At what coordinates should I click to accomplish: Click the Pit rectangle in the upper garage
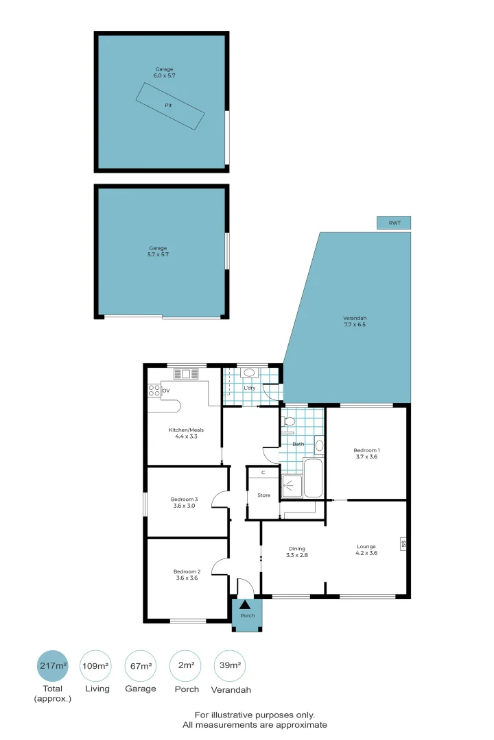pos(170,106)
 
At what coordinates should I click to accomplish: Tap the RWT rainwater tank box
pos(394,223)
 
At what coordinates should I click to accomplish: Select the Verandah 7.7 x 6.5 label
pos(355,321)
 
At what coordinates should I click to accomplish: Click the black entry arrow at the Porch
pos(245,604)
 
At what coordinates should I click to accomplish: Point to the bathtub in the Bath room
pos(313,478)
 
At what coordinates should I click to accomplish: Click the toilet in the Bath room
pos(288,422)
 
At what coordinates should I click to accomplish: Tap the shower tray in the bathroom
pos(292,486)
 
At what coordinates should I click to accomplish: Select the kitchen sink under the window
pos(186,374)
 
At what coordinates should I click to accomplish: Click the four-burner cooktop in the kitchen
pos(154,391)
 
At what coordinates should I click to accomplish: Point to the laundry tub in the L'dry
pos(249,373)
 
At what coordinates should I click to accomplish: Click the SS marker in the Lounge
pos(403,543)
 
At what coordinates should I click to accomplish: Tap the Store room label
pos(263,495)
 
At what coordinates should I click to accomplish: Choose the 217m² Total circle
pos(53,665)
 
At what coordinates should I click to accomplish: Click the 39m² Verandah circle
pos(230,665)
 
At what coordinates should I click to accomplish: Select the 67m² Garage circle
pos(141,665)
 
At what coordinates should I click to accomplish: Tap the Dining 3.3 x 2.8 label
pos(297,552)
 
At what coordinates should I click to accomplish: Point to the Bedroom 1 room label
pos(366,453)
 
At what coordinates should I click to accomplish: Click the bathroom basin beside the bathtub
pos(319,445)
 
